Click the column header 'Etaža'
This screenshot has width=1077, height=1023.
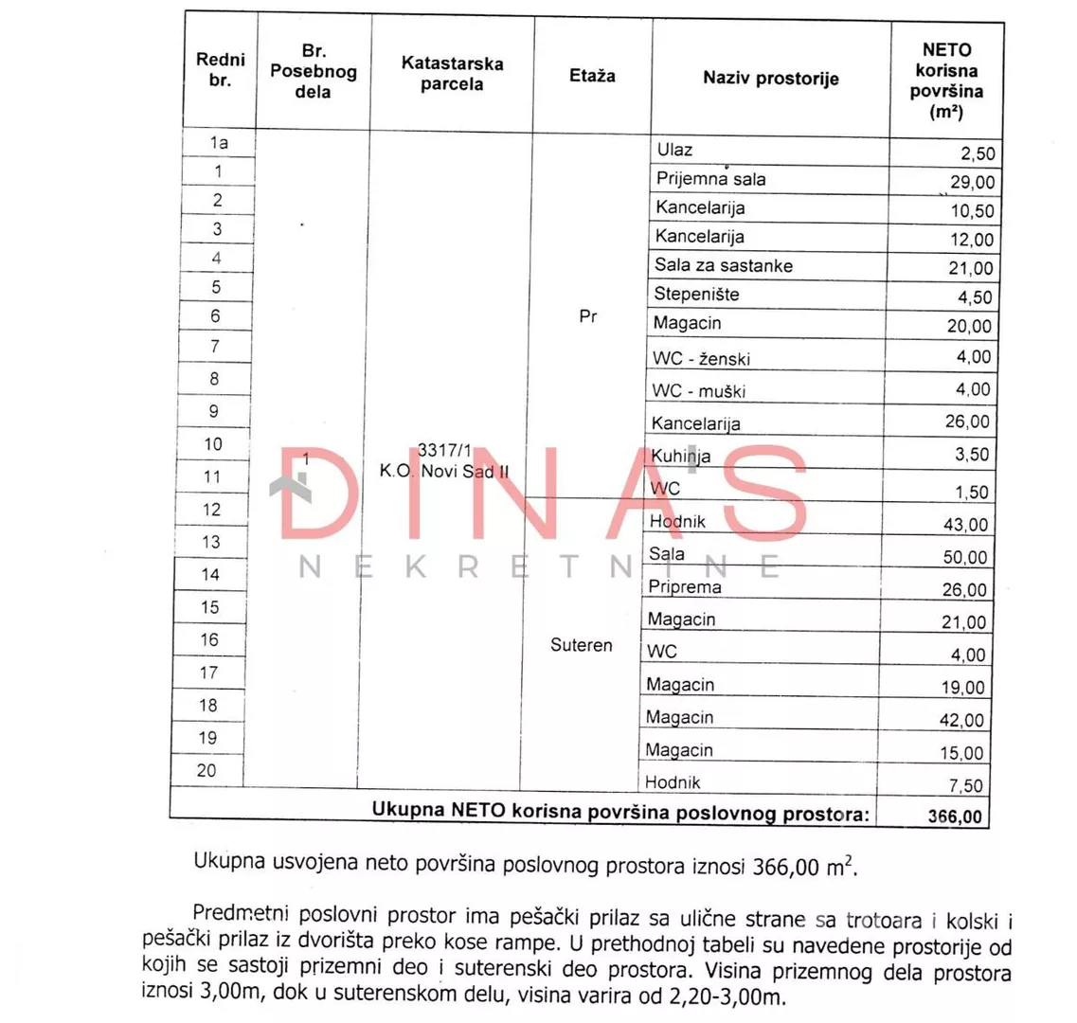click(x=592, y=76)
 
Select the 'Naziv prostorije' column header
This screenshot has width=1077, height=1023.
click(x=770, y=79)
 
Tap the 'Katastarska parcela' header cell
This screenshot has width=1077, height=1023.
click(x=452, y=74)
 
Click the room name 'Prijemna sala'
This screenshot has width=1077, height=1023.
click(x=710, y=179)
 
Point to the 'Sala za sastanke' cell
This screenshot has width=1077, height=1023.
click(x=723, y=265)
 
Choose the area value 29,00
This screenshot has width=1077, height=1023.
click(x=972, y=183)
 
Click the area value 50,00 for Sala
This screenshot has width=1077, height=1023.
click(x=964, y=558)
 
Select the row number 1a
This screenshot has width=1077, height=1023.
click(x=219, y=143)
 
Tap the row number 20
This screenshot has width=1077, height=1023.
click(x=206, y=770)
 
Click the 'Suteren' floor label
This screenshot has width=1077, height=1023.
click(x=581, y=645)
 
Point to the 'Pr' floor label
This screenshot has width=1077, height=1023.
click(x=588, y=316)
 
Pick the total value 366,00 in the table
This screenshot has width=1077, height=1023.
click(x=955, y=816)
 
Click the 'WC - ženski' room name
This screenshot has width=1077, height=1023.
click(x=701, y=359)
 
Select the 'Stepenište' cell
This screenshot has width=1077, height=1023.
click(x=696, y=295)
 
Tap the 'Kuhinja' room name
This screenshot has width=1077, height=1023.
click(x=680, y=457)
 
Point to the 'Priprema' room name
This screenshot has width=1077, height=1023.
click(x=684, y=587)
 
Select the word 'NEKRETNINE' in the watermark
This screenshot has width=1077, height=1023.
click(x=540, y=566)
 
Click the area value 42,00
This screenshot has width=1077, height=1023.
click(x=961, y=721)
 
